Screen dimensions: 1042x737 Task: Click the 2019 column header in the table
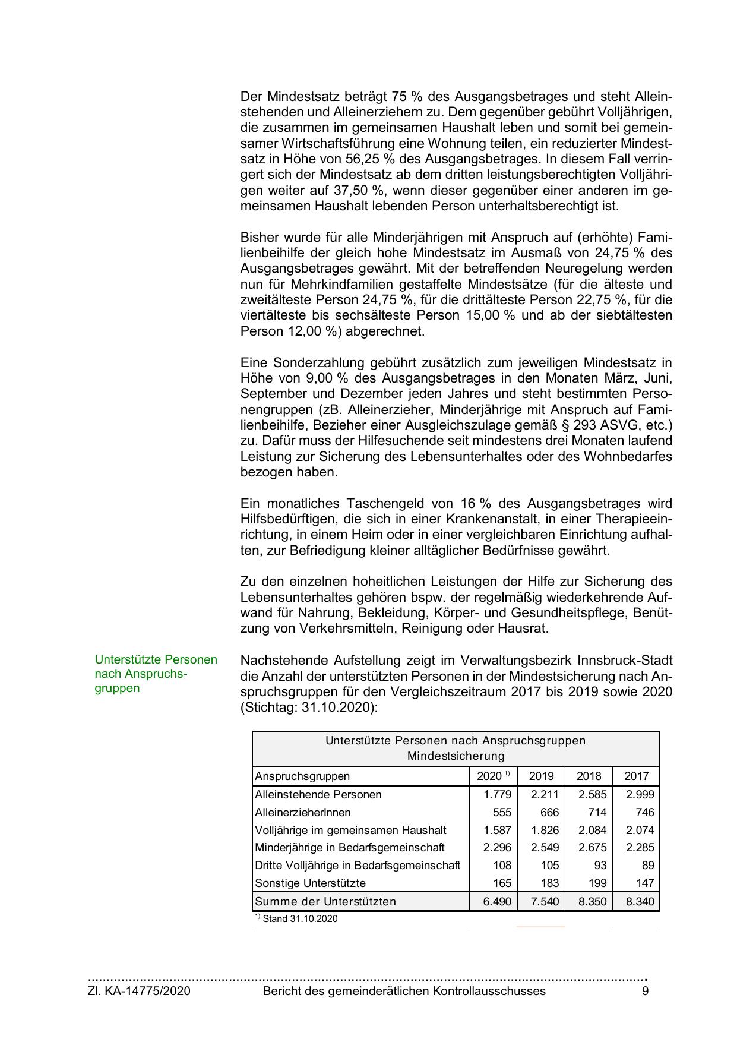click(541, 776)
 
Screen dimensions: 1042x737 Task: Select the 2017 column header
click(636, 776)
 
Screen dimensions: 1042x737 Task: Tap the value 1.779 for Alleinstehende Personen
click(497, 794)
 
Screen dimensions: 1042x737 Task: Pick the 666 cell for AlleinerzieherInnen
click(549, 812)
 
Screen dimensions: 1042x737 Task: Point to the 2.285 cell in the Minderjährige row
click(640, 847)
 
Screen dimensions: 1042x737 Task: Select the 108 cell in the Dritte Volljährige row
click(502, 865)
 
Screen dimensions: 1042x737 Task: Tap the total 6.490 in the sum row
click(497, 901)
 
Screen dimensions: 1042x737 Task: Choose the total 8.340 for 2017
click(640, 901)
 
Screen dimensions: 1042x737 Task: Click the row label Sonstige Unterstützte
click(310, 883)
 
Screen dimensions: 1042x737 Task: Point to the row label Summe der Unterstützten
click(325, 901)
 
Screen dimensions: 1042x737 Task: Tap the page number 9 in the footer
click(645, 991)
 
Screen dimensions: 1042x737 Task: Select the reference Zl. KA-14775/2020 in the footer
click(139, 991)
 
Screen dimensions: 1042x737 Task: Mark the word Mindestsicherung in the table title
click(456, 756)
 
